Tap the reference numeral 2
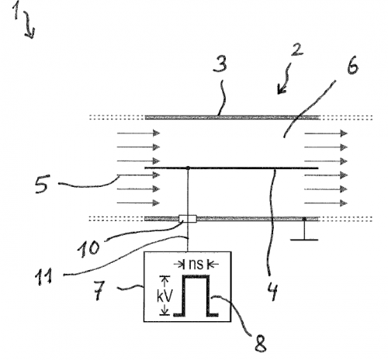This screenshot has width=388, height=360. (297, 50)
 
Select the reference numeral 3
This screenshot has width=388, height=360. (220, 64)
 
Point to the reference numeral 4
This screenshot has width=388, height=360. (272, 291)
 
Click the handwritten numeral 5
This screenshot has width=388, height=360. (41, 184)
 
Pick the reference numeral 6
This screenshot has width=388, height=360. (352, 65)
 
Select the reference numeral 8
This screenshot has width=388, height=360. (260, 344)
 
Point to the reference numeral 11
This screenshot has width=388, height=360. (43, 277)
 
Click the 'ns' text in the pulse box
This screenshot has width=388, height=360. (196, 265)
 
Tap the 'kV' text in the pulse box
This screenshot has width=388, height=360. (165, 296)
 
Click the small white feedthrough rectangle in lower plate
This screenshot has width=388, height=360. (188, 219)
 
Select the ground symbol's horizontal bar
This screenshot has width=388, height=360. (304, 240)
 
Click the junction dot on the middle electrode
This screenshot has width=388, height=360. (189, 168)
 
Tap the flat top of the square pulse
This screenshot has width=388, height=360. (196, 276)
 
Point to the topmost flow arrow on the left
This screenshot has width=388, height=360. (139, 133)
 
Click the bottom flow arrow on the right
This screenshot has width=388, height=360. (326, 203)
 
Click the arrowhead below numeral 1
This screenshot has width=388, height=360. (31, 35)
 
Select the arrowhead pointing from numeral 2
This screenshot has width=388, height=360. (282, 89)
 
